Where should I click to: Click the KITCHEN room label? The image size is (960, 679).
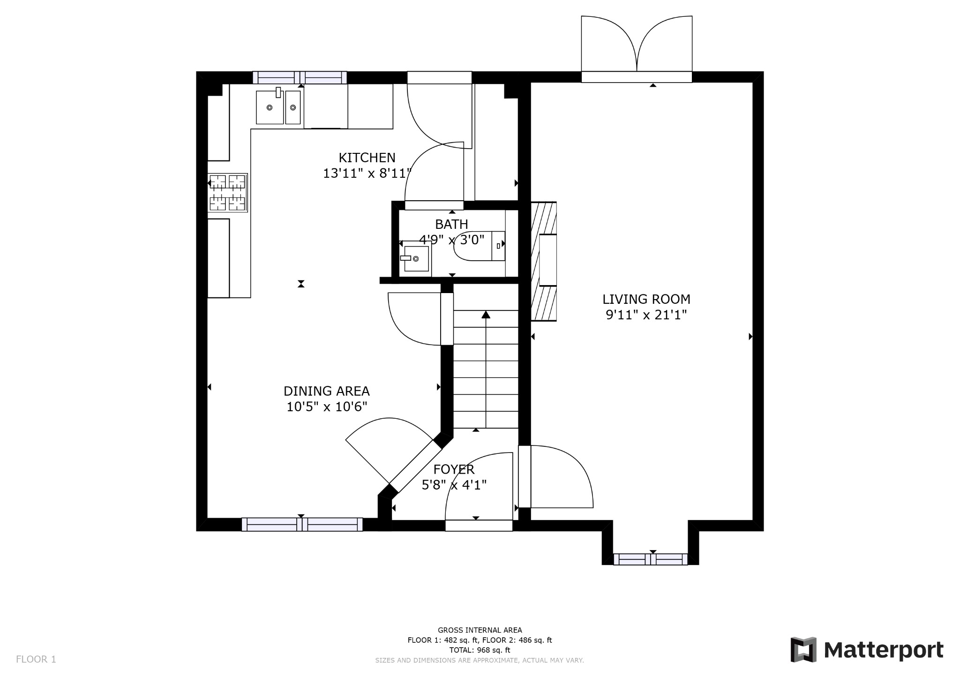(x=367, y=158)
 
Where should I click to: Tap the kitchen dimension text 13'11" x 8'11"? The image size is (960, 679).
(x=367, y=174)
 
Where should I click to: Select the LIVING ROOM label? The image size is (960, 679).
(x=646, y=299)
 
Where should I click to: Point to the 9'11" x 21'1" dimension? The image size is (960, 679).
(x=646, y=315)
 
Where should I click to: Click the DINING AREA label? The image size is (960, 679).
(x=326, y=391)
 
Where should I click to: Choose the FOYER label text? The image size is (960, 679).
(x=453, y=469)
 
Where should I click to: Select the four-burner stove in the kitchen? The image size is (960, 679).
(x=228, y=193)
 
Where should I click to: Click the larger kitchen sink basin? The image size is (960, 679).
(x=270, y=107)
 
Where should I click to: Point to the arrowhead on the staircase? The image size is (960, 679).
(x=486, y=315)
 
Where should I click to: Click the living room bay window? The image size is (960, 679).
(x=650, y=559)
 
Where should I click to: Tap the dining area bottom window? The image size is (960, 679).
(x=302, y=524)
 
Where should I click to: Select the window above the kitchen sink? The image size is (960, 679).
(x=300, y=77)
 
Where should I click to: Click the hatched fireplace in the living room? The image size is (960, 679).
(x=544, y=261)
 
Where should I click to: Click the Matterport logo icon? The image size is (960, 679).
(x=803, y=649)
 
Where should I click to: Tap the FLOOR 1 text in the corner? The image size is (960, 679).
(x=36, y=659)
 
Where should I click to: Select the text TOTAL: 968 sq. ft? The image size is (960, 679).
(x=479, y=650)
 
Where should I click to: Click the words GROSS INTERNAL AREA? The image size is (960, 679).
(x=479, y=630)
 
